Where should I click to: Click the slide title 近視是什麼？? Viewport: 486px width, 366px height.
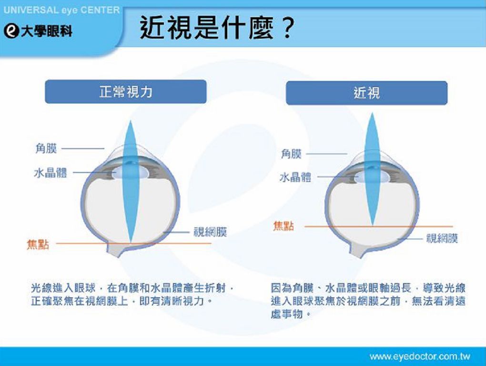(x=217, y=28)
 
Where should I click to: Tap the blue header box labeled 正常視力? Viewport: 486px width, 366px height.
(x=125, y=91)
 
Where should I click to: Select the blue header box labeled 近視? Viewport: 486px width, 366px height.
(x=367, y=93)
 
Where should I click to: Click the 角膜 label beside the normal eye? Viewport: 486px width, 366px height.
(x=46, y=148)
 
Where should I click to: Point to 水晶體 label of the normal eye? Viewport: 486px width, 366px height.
(x=51, y=173)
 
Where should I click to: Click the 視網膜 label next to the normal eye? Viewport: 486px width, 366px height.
(x=210, y=232)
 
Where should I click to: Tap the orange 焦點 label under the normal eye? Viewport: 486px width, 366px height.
(x=38, y=244)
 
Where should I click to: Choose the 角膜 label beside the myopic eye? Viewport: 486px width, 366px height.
(x=291, y=154)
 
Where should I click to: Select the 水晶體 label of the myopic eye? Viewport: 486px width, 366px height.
(x=295, y=177)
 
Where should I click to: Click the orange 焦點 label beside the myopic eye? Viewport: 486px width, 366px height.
(x=283, y=226)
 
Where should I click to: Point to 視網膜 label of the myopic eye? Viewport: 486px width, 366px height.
(x=442, y=238)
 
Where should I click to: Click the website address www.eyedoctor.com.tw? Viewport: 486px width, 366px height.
(x=420, y=356)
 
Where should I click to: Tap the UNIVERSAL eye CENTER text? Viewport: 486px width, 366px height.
(x=61, y=10)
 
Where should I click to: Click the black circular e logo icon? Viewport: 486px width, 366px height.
(x=11, y=31)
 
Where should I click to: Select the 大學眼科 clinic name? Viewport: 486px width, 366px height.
(x=47, y=31)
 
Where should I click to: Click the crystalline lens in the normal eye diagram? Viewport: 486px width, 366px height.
(x=130, y=173)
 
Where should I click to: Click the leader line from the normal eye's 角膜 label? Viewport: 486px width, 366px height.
(x=83, y=148)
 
